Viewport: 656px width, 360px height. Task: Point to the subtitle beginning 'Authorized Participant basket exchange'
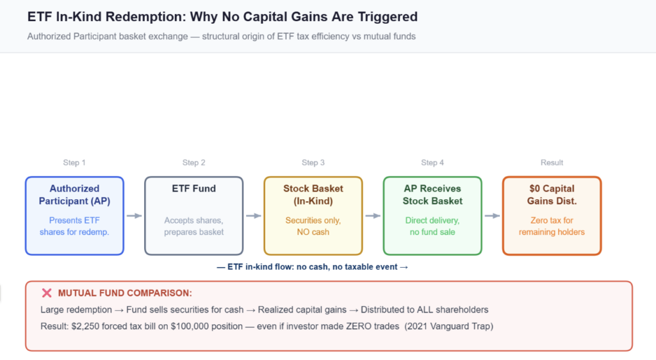point(221,37)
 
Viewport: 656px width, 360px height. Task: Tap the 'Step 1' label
point(74,163)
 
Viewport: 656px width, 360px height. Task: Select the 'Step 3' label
point(313,163)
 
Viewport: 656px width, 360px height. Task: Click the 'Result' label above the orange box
point(552,163)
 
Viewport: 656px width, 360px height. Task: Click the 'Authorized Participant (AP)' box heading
point(74,194)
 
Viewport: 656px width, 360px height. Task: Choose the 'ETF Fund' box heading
point(193,188)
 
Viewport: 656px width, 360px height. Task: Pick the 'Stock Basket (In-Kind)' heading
point(313,194)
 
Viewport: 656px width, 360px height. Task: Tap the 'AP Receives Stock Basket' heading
point(432,194)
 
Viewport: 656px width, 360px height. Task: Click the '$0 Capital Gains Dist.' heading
point(552,194)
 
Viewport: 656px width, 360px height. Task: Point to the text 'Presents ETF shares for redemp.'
point(74,226)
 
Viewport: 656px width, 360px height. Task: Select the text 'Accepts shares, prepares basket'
point(193,226)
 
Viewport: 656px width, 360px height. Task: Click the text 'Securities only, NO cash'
point(313,226)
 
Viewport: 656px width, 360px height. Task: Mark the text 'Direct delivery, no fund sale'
point(432,226)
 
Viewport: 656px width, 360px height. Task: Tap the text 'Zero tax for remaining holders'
point(552,226)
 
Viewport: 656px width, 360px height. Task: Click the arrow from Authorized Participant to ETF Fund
point(134,216)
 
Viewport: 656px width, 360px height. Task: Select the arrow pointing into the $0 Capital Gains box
point(492,216)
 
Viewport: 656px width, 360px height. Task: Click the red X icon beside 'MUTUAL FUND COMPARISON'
point(46,293)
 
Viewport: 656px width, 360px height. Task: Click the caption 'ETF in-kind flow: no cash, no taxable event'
point(313,267)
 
